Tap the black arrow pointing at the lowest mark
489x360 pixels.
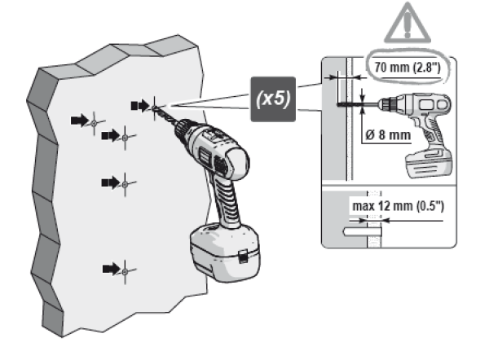109,267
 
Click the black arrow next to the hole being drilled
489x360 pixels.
139,104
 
